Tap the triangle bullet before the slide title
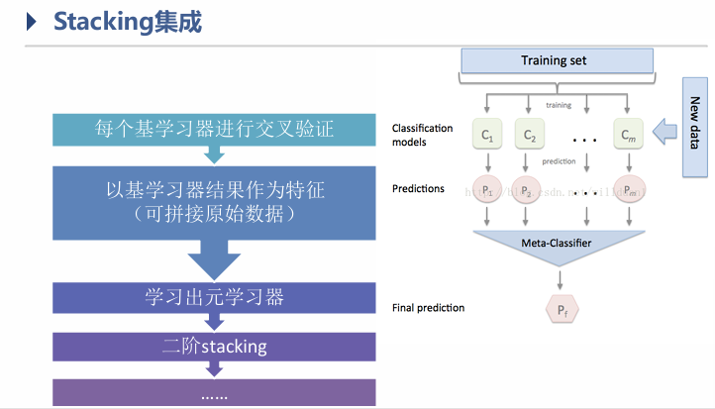[32, 22]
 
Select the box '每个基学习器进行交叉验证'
[213, 128]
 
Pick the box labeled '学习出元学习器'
[213, 296]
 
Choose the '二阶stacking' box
[213, 346]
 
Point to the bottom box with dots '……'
[213, 393]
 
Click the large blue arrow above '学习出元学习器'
[214, 260]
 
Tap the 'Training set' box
[554, 61]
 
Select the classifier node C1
[487, 134]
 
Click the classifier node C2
[530, 134]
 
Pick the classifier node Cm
[627, 134]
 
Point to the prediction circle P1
[486, 189]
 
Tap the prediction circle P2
[530, 189]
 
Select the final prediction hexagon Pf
[562, 310]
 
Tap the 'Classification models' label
[422, 135]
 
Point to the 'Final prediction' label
[428, 308]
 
